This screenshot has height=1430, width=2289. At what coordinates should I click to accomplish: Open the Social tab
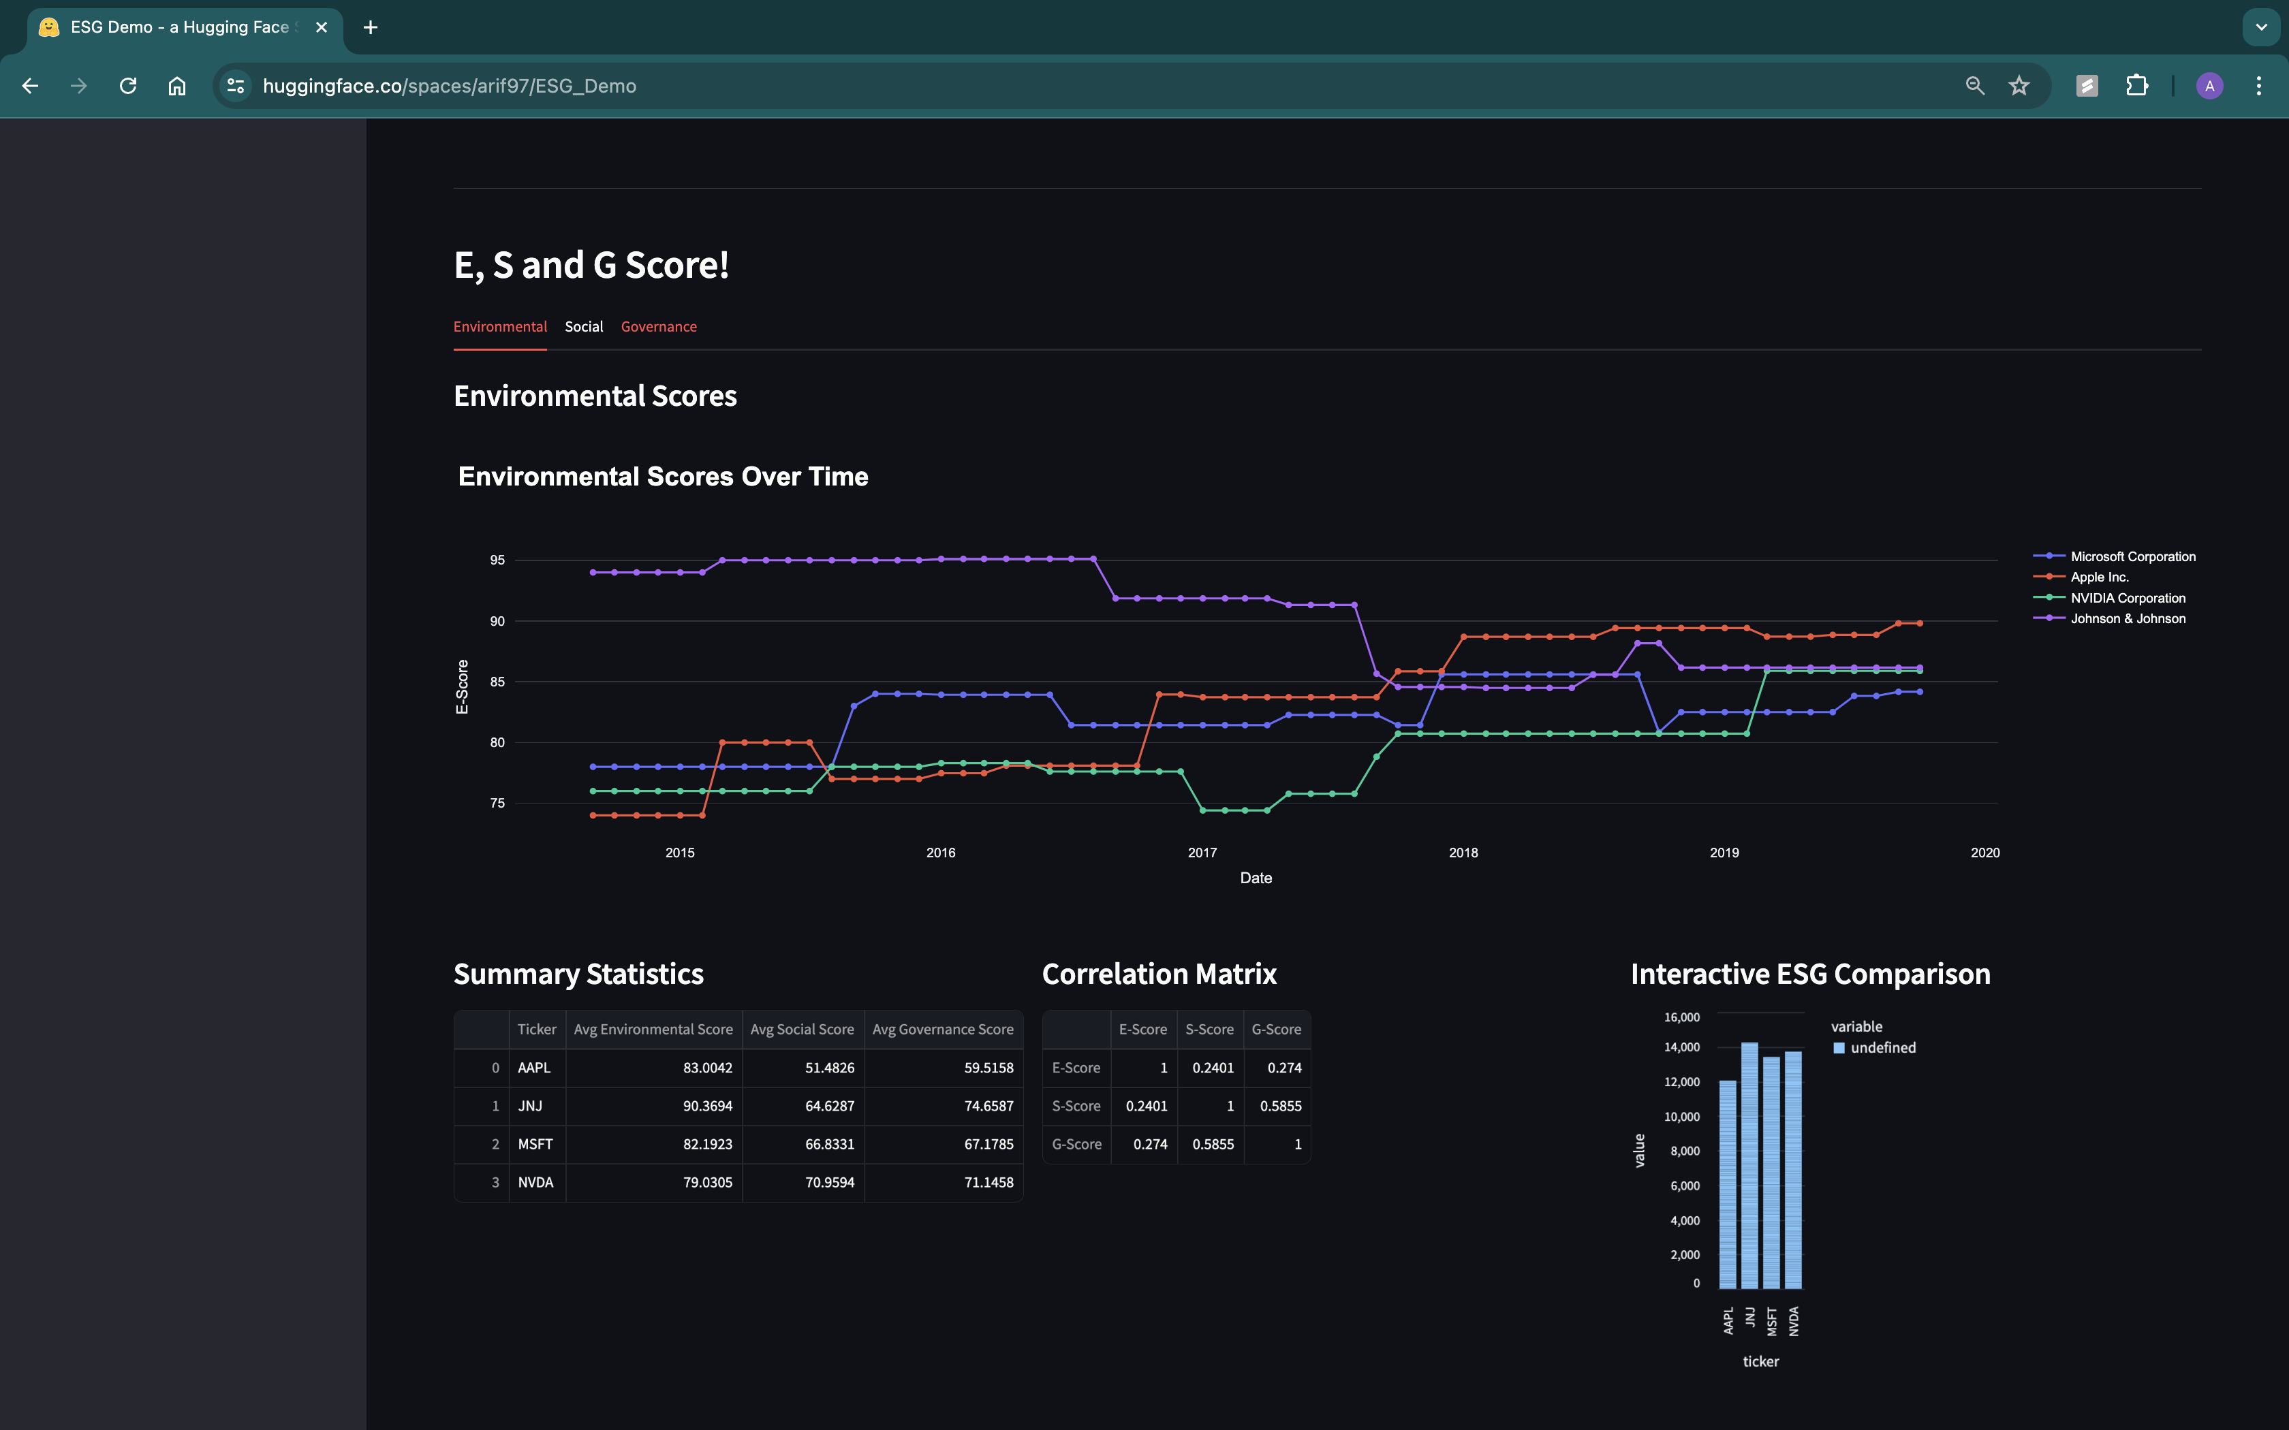coord(584,326)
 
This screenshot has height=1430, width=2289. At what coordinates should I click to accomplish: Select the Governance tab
coord(658,326)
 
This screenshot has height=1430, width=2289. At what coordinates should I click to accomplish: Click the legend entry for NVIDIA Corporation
coord(2128,598)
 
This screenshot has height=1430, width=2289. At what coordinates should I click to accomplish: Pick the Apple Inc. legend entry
coord(2099,577)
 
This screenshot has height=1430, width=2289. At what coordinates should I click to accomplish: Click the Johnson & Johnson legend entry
coord(2128,618)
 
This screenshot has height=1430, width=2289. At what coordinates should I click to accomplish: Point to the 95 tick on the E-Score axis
coord(497,560)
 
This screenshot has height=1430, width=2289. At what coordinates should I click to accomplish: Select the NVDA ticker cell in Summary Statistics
coord(535,1182)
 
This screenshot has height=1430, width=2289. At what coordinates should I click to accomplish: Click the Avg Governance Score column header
coord(942,1029)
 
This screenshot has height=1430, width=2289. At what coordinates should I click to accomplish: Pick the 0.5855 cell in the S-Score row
coord(1280,1106)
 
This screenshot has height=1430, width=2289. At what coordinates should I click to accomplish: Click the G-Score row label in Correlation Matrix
coord(1076,1145)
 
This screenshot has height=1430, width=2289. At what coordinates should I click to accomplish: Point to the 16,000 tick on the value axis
coord(1682,1017)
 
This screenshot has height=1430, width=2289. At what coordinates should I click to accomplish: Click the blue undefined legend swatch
coord(1839,1048)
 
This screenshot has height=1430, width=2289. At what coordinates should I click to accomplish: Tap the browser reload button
coord(127,86)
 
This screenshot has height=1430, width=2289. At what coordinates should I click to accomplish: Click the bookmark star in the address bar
coord(2019,86)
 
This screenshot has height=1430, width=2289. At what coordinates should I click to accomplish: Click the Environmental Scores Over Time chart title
coord(662,476)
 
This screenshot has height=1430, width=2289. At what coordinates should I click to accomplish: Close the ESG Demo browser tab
coord(322,27)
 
